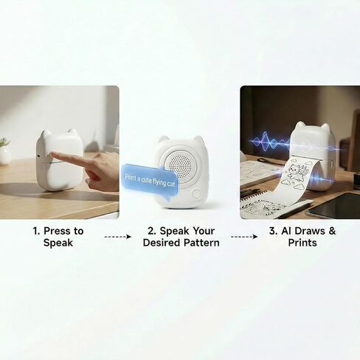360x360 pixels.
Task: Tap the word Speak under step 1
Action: pyautogui.click(x=58, y=243)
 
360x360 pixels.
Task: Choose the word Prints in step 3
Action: pyautogui.click(x=302, y=243)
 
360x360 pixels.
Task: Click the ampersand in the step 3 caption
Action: pyautogui.click(x=332, y=231)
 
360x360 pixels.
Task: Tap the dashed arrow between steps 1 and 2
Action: pyautogui.click(x=118, y=237)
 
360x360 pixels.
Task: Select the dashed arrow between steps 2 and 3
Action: pyautogui.click(x=244, y=237)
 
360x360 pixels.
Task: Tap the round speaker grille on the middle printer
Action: pyautogui.click(x=180, y=164)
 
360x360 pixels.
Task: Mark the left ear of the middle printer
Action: pyautogui.click(x=164, y=140)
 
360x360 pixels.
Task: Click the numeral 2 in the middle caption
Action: pyautogui.click(x=150, y=231)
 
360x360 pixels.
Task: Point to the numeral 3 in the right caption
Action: pyautogui.click(x=272, y=231)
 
